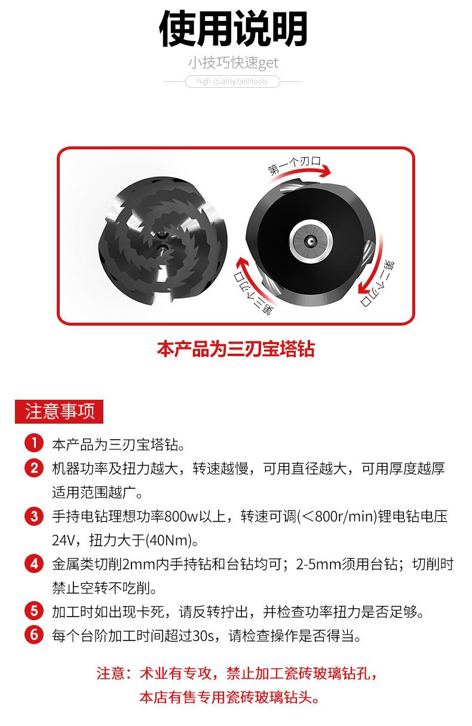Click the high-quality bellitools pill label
(233, 81)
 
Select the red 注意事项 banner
(59, 412)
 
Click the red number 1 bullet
(34, 444)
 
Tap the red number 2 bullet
(34, 467)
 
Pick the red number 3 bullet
(34, 515)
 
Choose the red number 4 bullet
(34, 563)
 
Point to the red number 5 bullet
(34, 611)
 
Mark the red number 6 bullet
(34, 635)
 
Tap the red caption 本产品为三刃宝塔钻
(235, 348)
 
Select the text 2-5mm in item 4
(311, 563)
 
